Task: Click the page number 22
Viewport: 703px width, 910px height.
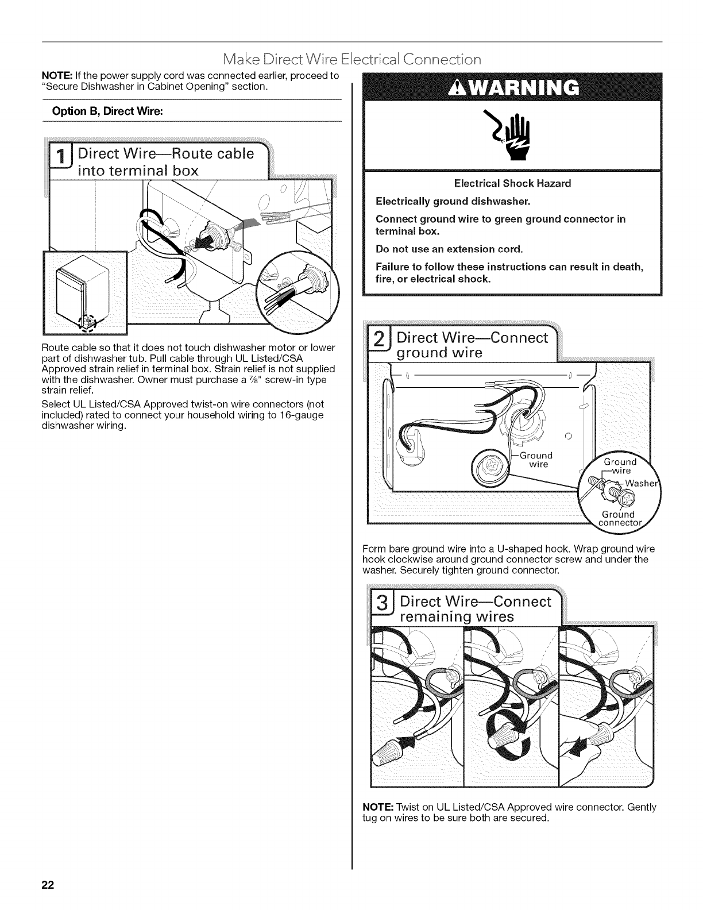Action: tap(47, 885)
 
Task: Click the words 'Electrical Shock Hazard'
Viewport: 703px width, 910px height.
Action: tap(512, 184)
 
